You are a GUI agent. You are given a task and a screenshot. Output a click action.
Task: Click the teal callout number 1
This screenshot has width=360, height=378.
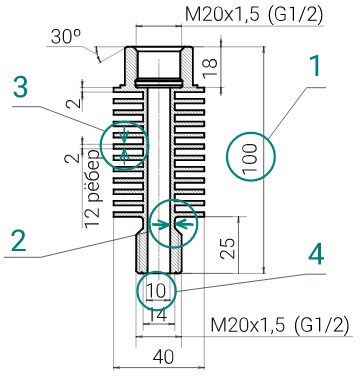pos(315,66)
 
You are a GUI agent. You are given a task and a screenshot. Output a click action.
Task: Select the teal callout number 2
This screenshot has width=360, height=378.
pos(19,240)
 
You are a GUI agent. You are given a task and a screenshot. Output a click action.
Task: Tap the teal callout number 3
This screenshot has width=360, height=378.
pos(20,86)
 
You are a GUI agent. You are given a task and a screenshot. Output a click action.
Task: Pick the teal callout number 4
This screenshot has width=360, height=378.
pos(316,254)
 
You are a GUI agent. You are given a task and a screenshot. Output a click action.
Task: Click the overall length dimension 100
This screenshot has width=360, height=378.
pos(251,158)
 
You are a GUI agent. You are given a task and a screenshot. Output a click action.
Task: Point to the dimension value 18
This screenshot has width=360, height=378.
pos(210,68)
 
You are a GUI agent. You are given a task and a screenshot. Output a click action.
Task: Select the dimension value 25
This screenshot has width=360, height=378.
pos(229,248)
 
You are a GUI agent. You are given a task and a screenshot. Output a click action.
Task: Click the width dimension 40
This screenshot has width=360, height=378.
pos(164,357)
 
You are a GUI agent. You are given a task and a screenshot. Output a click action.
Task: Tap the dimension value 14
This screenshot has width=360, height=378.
pos(157,315)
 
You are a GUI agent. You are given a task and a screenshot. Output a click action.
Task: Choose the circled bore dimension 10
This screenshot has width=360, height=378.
pos(156,291)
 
